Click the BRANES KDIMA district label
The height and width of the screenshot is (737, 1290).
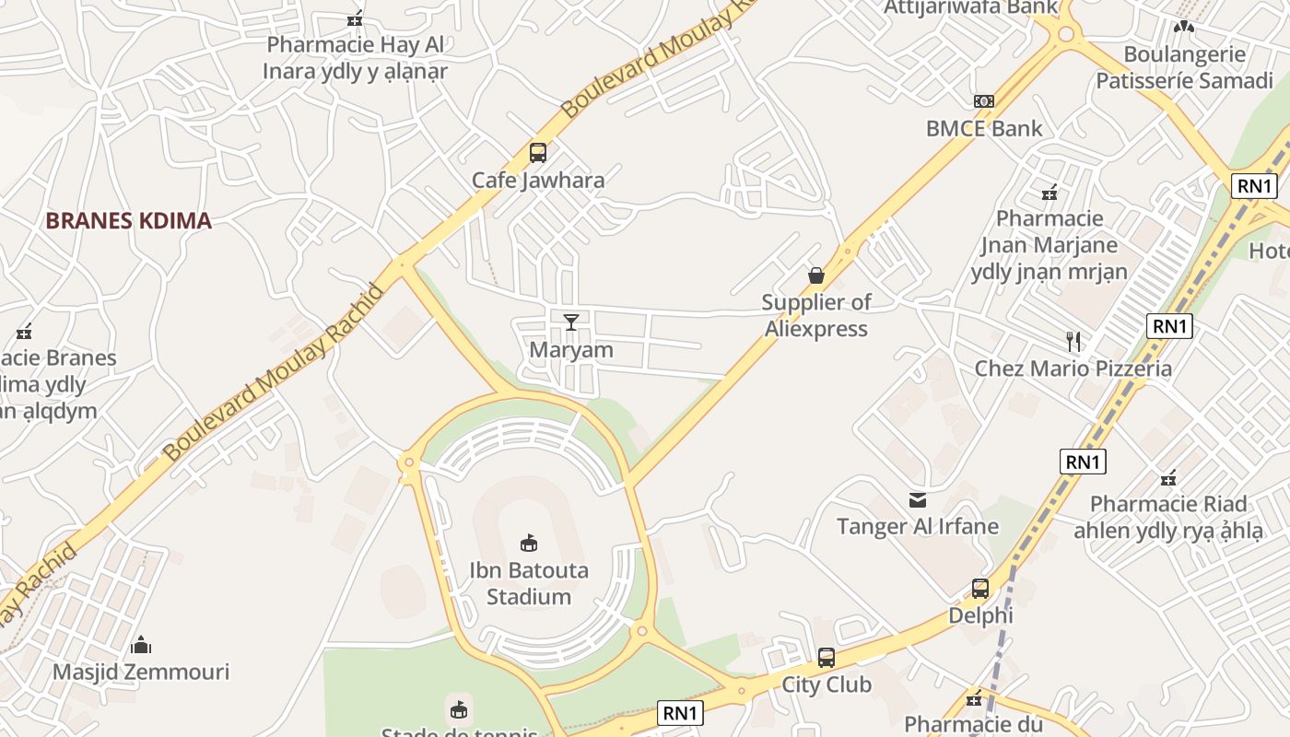point(128,221)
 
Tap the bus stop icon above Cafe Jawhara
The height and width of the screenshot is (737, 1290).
point(537,153)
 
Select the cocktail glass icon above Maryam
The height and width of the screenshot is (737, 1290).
point(571,322)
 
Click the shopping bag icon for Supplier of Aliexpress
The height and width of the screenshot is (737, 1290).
point(816,275)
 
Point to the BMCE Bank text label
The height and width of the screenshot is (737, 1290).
point(984,129)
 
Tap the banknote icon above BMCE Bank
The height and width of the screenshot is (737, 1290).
point(984,100)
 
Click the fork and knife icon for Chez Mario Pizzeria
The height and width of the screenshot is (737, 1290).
point(1073,342)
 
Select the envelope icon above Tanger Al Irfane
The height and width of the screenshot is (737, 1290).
point(918,499)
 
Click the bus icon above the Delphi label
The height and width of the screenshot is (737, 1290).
point(980,588)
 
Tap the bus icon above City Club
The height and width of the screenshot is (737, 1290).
point(827,658)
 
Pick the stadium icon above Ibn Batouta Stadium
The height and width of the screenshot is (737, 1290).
point(529,543)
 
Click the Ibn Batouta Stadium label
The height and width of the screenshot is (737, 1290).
point(529,583)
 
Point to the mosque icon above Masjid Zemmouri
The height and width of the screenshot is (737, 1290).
point(141,644)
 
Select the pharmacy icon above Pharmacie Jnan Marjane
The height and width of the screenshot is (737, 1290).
point(1049,193)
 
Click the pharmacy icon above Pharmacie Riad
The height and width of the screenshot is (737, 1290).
point(1168,478)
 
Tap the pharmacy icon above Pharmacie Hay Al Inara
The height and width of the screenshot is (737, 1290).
point(355,18)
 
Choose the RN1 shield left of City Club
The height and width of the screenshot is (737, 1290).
point(682,712)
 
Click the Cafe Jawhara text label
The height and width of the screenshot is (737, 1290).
point(538,181)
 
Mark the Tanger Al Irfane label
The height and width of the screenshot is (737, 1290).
point(918,527)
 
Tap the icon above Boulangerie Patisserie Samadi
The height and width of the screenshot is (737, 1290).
point(1184,28)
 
